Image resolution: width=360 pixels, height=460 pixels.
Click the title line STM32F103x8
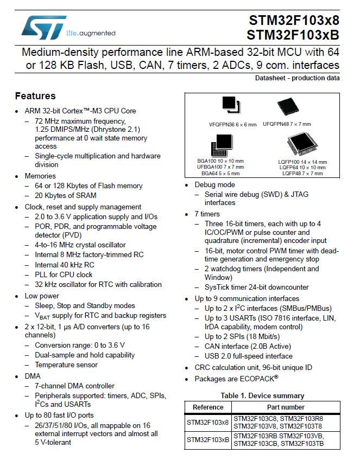pos(294,21)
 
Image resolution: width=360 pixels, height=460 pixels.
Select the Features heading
pos(35,96)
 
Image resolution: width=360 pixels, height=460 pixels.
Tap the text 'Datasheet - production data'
pos(298,78)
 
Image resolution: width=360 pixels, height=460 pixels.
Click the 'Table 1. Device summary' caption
pos(262,395)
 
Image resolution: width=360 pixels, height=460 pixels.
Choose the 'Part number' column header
pos(286,407)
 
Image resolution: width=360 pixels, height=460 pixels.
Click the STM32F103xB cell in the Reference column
pos(208,439)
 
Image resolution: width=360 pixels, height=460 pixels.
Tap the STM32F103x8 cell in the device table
pos(208,421)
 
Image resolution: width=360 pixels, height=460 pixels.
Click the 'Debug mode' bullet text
pos(214,185)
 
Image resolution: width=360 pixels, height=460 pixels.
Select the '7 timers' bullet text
pos(208,214)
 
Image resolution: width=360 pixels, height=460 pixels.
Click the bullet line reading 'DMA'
pos(33,376)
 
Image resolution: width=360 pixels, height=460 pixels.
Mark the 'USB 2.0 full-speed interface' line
pos(249,356)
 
